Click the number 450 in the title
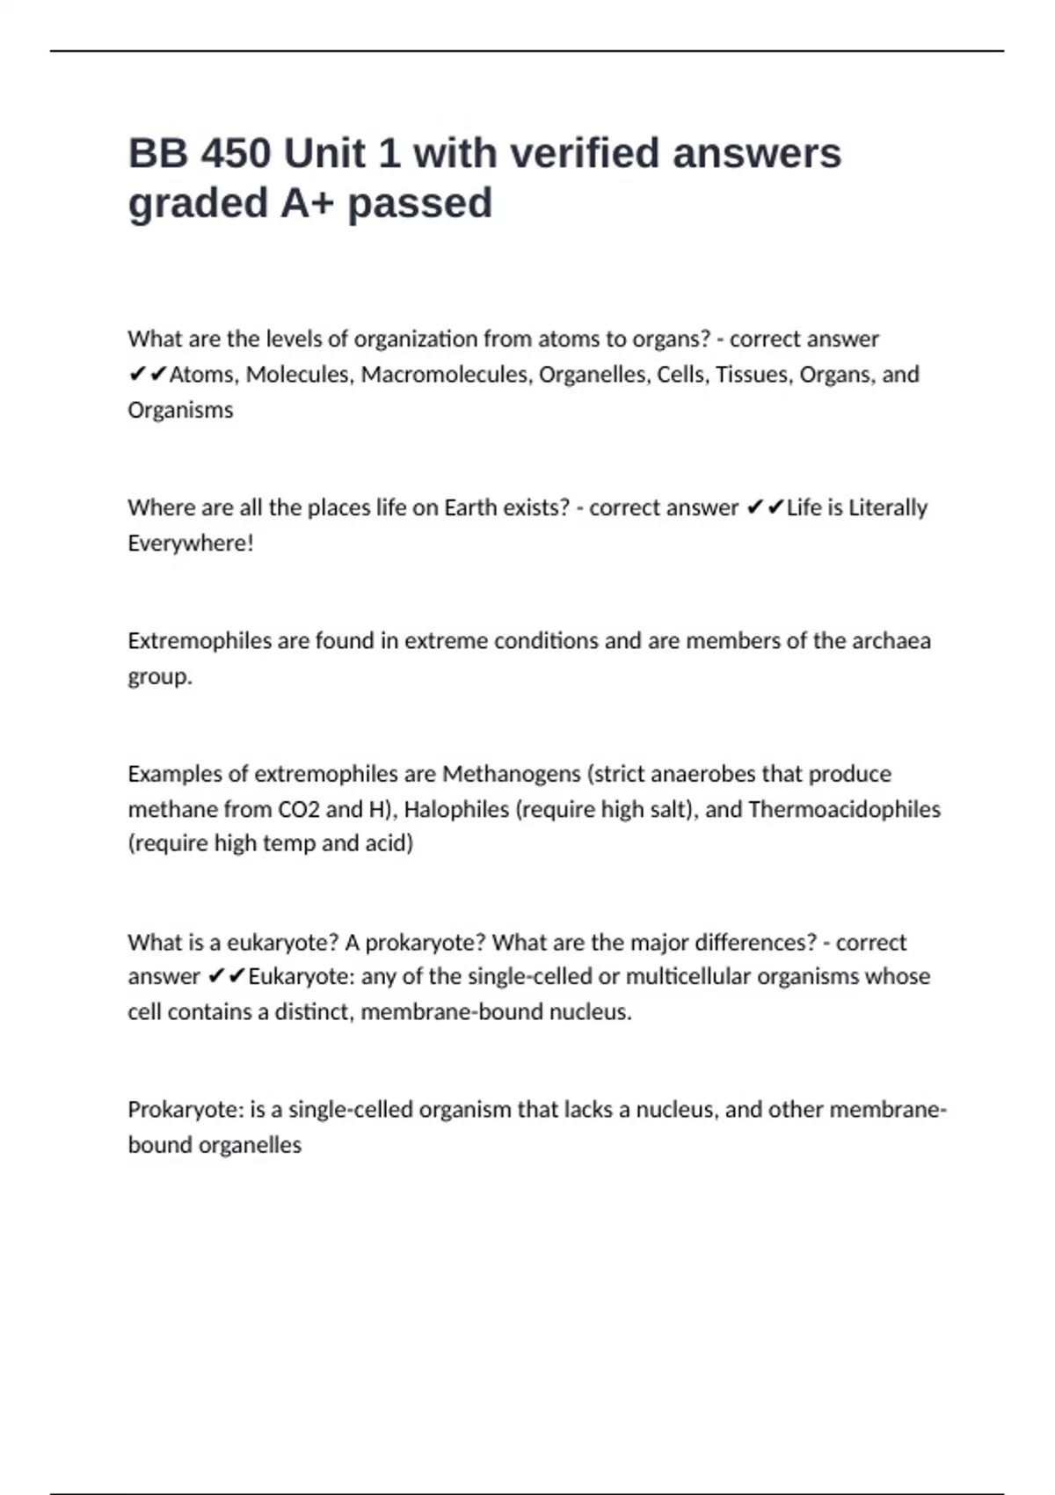(236, 154)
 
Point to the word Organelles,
(594, 375)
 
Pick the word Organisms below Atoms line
(180, 410)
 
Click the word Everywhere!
(190, 543)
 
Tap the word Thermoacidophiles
(844, 809)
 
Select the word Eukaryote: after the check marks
(302, 977)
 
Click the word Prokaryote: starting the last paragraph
(186, 1110)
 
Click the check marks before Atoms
(147, 376)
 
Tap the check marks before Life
(764, 508)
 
